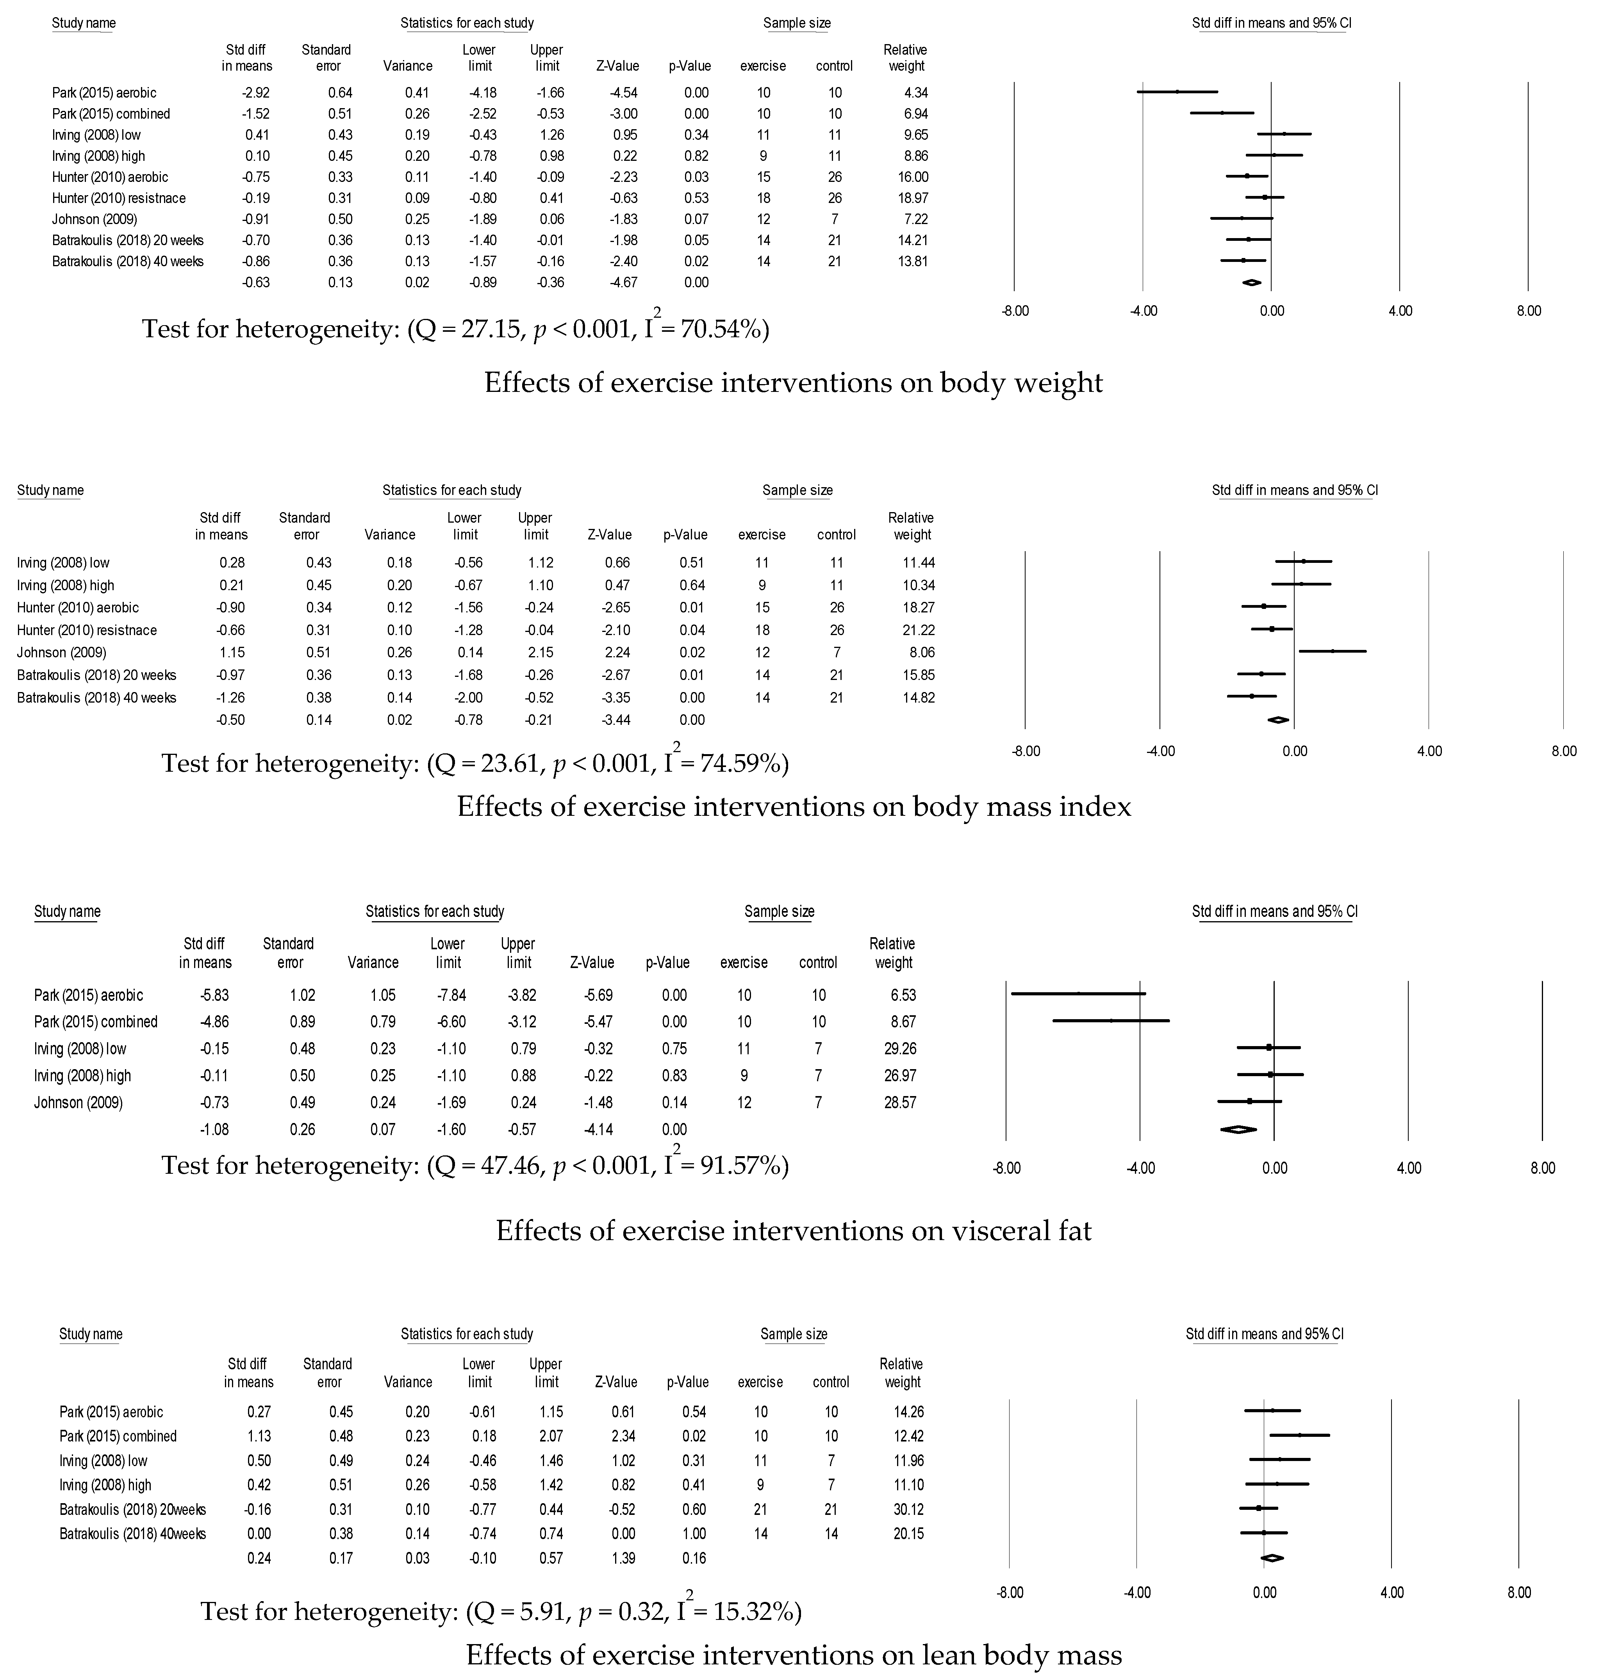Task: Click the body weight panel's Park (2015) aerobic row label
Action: pyautogui.click(x=104, y=92)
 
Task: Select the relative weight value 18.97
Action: pyautogui.click(x=907, y=198)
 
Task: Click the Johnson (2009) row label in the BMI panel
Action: pyautogui.click(x=61, y=652)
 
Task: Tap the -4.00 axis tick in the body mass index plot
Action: pyautogui.click(x=1160, y=751)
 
